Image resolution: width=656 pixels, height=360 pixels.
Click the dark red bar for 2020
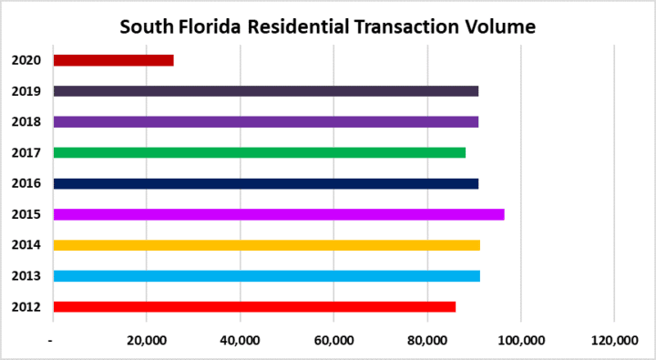click(113, 60)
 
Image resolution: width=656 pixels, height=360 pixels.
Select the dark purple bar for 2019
click(265, 91)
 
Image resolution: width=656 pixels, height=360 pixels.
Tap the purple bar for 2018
click(265, 121)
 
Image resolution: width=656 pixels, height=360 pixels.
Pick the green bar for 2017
click(259, 152)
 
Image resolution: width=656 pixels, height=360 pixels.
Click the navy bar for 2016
click(265, 183)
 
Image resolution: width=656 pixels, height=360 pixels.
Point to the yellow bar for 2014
click(266, 245)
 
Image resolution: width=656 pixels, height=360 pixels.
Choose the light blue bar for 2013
click(266, 276)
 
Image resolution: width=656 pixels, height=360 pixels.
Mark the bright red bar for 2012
click(254, 307)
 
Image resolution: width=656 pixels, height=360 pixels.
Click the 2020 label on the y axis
click(25, 60)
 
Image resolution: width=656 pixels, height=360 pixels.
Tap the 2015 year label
click(25, 214)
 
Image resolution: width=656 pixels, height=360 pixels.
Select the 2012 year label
click(25, 307)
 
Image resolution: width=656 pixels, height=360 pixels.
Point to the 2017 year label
click(25, 152)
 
